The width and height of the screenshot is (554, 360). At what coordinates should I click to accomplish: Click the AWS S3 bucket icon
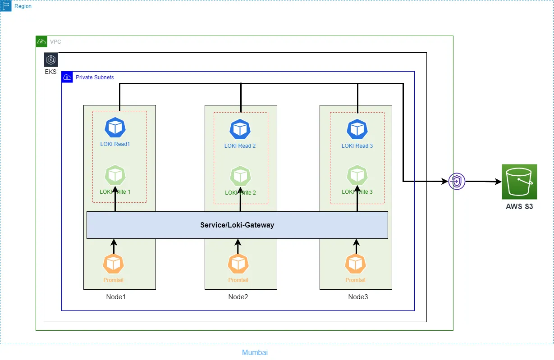tap(519, 182)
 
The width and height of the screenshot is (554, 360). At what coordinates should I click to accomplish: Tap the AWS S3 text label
tap(519, 207)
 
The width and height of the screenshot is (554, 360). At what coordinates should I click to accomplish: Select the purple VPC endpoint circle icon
tap(457, 182)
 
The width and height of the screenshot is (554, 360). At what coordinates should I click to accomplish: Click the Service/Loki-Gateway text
tap(237, 225)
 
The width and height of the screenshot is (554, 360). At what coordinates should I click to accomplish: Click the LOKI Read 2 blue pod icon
tap(240, 129)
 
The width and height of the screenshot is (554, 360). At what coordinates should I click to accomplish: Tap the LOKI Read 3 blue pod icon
tap(357, 129)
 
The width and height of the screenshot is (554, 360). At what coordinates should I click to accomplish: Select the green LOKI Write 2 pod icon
tap(240, 176)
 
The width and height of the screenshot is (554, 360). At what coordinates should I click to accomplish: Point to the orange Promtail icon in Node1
tap(113, 264)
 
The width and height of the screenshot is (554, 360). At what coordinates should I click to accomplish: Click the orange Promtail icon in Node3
tap(356, 264)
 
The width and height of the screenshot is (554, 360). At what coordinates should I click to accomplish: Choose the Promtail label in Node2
tap(238, 280)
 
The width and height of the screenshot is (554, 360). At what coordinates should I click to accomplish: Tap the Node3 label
tap(358, 297)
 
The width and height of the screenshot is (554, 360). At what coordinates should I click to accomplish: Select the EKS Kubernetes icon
tap(51, 60)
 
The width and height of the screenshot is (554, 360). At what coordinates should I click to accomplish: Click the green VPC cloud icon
tap(41, 42)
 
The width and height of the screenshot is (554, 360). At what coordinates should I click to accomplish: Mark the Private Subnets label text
tap(95, 77)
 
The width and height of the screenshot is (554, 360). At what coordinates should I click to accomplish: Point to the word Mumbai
tap(255, 352)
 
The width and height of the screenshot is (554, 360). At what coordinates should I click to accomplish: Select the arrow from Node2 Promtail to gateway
tap(238, 246)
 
